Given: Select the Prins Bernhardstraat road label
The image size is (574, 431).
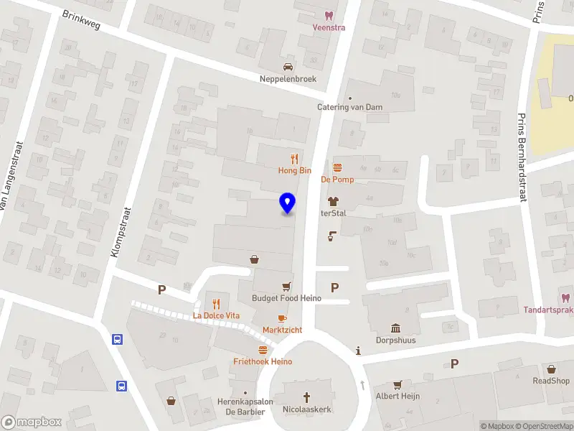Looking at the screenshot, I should pos(522,158).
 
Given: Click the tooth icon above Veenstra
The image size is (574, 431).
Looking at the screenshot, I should pos(329,15).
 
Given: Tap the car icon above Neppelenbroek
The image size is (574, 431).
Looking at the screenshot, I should pos(288,67).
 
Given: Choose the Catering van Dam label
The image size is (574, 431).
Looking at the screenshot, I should pos(349,107).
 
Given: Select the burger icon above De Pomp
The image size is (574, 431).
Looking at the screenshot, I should pos(336,167).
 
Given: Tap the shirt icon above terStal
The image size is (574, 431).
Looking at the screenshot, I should pos(333,201).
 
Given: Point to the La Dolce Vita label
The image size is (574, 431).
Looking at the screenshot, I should pos(216,315).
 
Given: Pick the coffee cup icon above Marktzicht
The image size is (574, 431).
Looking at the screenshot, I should pos(282,318).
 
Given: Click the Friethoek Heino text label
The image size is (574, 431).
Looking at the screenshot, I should pos(263,361).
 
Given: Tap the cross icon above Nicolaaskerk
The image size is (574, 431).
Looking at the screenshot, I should pos(307,397).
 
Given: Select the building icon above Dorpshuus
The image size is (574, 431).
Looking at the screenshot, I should pos(395,328).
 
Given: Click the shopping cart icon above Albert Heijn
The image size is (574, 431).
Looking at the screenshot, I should pos(397,384).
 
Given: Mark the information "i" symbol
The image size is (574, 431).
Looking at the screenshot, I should pos(358,351).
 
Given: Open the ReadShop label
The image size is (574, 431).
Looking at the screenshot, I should pos(551,381).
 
